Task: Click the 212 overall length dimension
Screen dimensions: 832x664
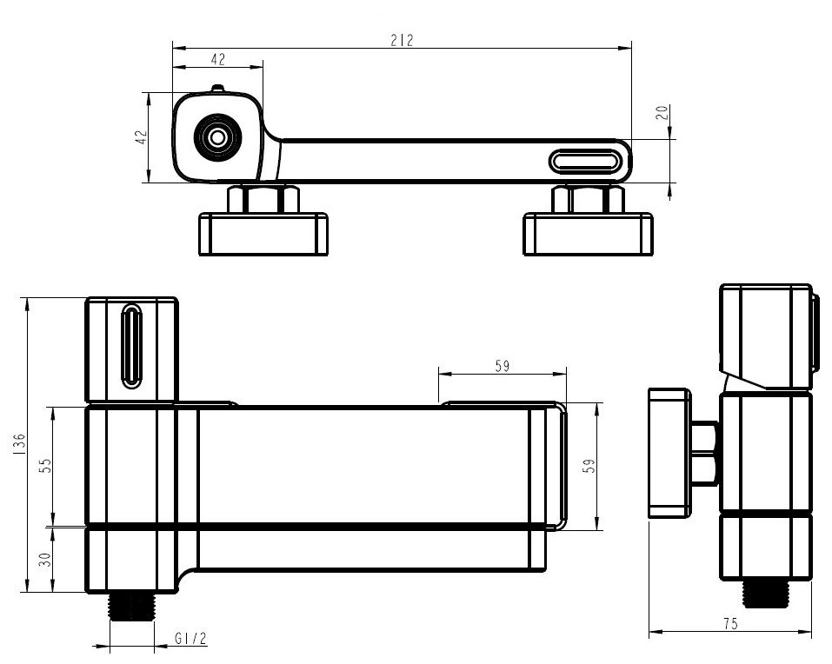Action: [402, 40]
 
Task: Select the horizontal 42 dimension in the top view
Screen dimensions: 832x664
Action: [218, 59]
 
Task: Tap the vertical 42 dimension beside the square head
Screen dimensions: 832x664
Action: [141, 137]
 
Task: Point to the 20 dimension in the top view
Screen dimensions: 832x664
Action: [662, 112]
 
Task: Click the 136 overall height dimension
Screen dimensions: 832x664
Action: [18, 443]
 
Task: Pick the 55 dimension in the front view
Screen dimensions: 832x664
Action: [46, 465]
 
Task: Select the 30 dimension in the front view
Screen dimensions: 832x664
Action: [46, 559]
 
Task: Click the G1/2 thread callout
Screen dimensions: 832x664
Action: [190, 639]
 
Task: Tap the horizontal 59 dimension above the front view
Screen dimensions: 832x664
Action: [502, 366]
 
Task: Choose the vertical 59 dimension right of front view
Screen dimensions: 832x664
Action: [589, 466]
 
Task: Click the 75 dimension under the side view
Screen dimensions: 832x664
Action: [730, 624]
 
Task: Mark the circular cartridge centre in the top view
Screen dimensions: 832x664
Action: [217, 137]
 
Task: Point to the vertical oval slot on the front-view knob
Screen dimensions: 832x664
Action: [131, 345]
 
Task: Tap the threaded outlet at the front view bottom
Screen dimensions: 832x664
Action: [131, 606]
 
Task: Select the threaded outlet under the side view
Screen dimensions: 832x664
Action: [765, 594]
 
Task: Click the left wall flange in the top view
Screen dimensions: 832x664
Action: [263, 234]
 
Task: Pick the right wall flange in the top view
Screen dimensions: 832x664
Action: [588, 234]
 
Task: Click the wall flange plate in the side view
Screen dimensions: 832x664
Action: [669, 453]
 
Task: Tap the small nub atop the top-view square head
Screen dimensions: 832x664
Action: [217, 88]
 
